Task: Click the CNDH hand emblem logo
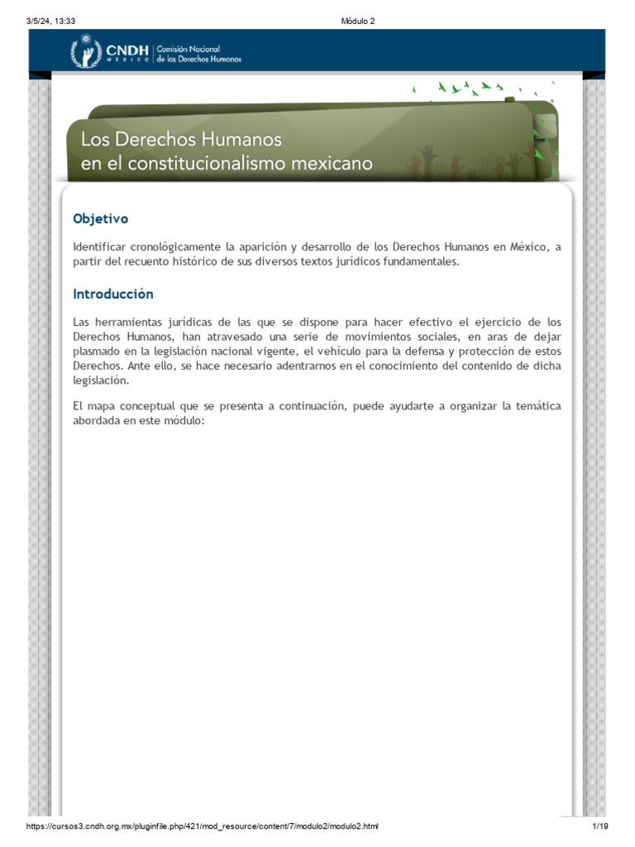(86, 53)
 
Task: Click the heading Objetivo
(100, 219)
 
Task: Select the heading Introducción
(113, 294)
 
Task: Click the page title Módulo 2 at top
(357, 22)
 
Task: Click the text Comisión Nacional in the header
(189, 50)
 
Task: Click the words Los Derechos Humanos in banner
(181, 138)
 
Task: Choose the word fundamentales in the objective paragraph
(420, 261)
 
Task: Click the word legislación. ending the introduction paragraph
(100, 380)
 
